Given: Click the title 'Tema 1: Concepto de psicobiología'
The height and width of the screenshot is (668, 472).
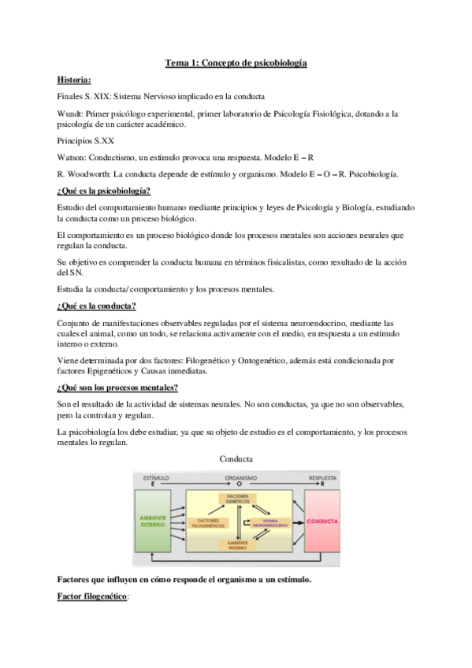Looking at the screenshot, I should click(x=236, y=62).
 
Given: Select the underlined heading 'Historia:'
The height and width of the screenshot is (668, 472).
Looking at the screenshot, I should click(x=74, y=79).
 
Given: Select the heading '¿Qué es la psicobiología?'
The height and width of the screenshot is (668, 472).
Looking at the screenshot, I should click(x=104, y=191).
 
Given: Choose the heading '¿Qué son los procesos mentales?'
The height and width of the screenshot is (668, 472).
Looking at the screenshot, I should click(x=117, y=388).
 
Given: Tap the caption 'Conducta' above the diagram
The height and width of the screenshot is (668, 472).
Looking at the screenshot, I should click(x=236, y=458).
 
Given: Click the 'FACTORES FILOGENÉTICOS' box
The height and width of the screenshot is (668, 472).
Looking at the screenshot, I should click(x=207, y=521).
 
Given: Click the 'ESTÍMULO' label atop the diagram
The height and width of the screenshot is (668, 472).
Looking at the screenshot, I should click(x=155, y=477).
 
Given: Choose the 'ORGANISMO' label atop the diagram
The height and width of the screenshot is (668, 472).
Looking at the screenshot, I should click(x=240, y=477).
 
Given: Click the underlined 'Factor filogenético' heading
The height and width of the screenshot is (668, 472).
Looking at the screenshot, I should click(x=92, y=599).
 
